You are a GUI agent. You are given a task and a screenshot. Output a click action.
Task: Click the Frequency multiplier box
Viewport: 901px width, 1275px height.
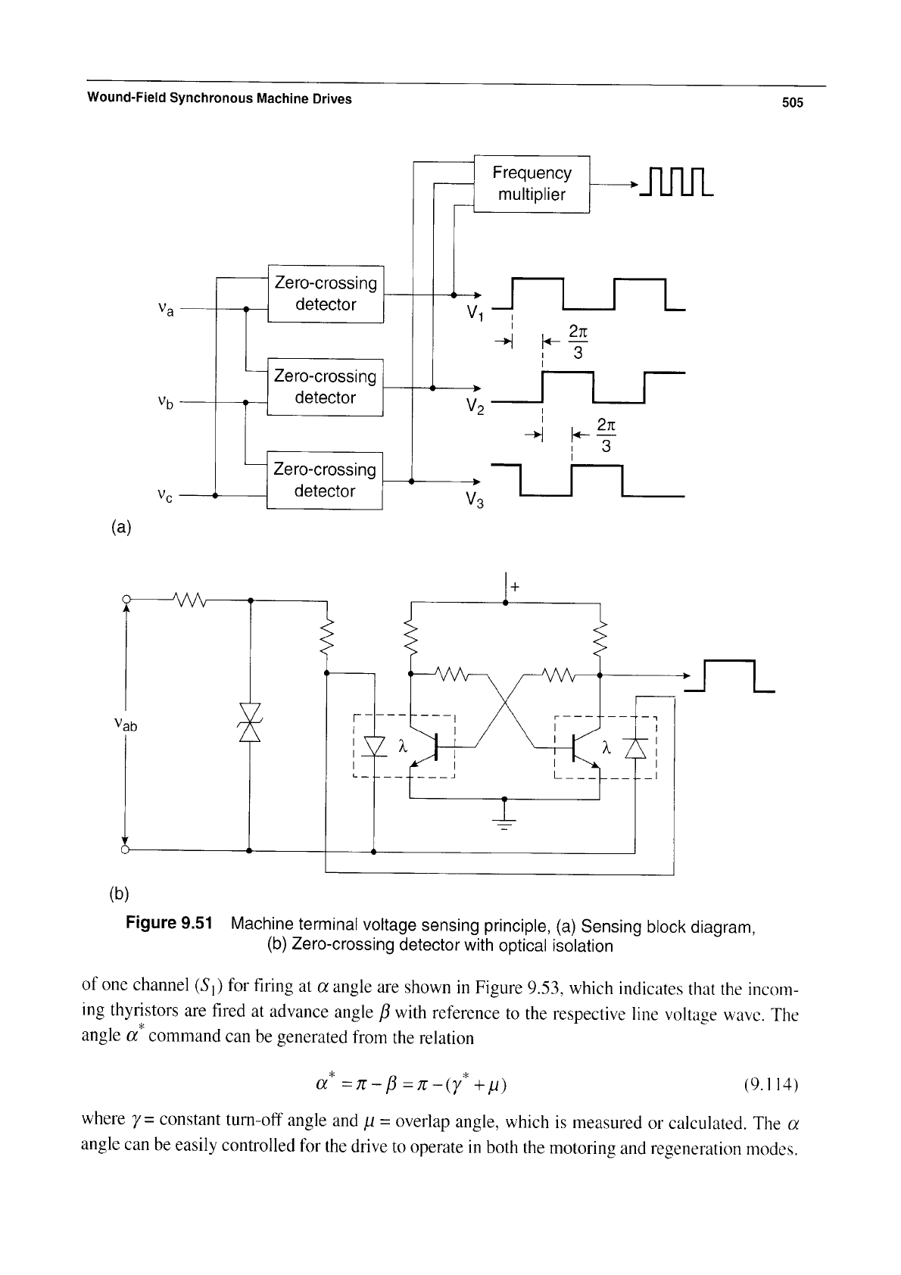(x=532, y=184)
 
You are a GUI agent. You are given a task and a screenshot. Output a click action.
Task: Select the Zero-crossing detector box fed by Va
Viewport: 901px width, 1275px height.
(x=326, y=294)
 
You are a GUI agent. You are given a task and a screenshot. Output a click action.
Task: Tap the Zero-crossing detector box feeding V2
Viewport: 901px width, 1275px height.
(x=325, y=387)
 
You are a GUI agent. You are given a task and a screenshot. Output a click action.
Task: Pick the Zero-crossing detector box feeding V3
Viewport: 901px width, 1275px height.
(x=324, y=481)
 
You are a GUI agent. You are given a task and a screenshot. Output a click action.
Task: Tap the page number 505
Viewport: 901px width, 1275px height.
(x=792, y=102)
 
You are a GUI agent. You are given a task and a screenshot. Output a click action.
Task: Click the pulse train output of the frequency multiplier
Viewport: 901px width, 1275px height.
(x=676, y=182)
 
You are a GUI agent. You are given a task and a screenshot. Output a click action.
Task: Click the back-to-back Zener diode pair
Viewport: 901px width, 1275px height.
(x=250, y=722)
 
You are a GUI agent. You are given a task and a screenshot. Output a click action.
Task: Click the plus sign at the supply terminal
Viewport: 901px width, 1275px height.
(x=515, y=587)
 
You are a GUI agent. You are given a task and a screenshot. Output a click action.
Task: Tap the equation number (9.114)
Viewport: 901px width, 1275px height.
(x=772, y=1084)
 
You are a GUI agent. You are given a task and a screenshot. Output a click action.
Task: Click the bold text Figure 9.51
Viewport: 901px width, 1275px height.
(x=169, y=922)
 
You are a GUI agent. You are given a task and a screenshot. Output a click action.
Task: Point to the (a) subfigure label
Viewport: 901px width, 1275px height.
(x=121, y=527)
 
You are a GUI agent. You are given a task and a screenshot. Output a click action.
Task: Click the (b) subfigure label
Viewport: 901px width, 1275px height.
(x=120, y=893)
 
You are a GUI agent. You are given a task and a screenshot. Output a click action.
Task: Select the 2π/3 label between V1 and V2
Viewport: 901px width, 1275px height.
(x=578, y=342)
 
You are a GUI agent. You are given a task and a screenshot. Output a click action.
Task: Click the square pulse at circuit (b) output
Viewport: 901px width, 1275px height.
(x=730, y=676)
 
